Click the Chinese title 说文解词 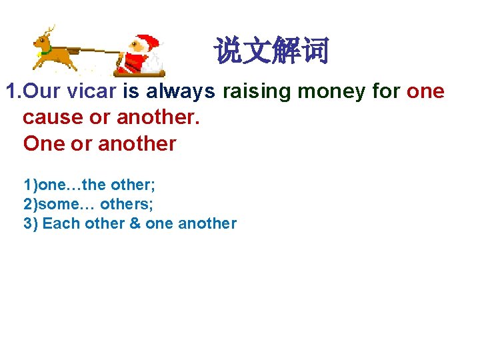(271, 51)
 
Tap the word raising (257, 91)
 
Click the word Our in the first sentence (41, 91)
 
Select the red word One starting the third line (43, 143)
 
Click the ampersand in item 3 (135, 223)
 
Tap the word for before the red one (386, 91)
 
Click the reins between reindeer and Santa (100, 50)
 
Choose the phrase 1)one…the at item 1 (60, 183)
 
